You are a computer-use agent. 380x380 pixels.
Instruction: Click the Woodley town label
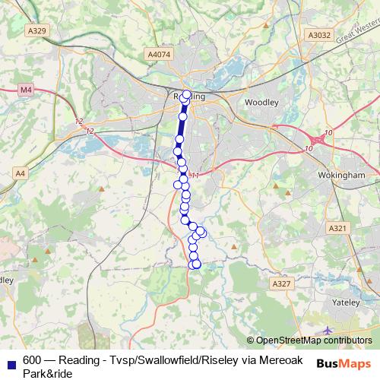pyautogui.click(x=261, y=102)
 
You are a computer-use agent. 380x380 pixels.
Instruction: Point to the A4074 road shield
pyautogui.click(x=160, y=55)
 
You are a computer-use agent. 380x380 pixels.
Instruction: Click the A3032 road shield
pyautogui.click(x=320, y=35)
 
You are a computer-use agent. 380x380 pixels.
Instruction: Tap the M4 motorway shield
pyautogui.click(x=27, y=90)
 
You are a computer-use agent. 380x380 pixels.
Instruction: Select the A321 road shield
pyautogui.click(x=338, y=228)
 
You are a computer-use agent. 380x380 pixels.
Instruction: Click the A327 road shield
pyautogui.click(x=281, y=283)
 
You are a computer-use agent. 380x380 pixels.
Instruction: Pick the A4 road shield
pyautogui.click(x=20, y=173)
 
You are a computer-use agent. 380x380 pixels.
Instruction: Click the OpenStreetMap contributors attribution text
pyautogui.click(x=314, y=340)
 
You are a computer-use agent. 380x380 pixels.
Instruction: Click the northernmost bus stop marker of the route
pyautogui.click(x=187, y=94)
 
